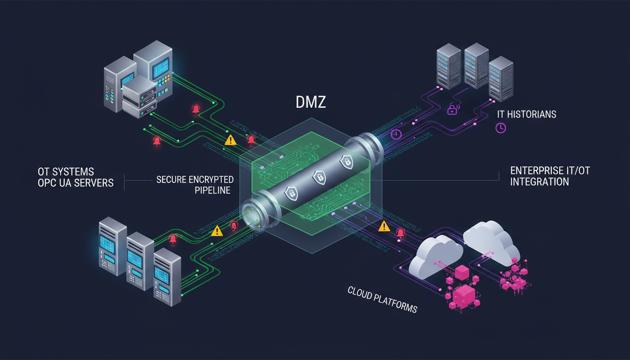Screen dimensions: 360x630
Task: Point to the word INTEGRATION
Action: (540, 181)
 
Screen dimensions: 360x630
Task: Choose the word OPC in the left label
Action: (48, 182)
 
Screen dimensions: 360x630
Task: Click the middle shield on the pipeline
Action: (319, 177)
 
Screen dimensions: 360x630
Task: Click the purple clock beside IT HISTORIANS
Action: (500, 127)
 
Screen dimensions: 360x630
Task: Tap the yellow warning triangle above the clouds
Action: (384, 226)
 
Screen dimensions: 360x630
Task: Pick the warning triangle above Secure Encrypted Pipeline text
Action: (230, 140)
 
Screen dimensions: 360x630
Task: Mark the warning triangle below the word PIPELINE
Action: (217, 231)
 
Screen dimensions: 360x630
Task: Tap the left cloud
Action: (435, 255)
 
